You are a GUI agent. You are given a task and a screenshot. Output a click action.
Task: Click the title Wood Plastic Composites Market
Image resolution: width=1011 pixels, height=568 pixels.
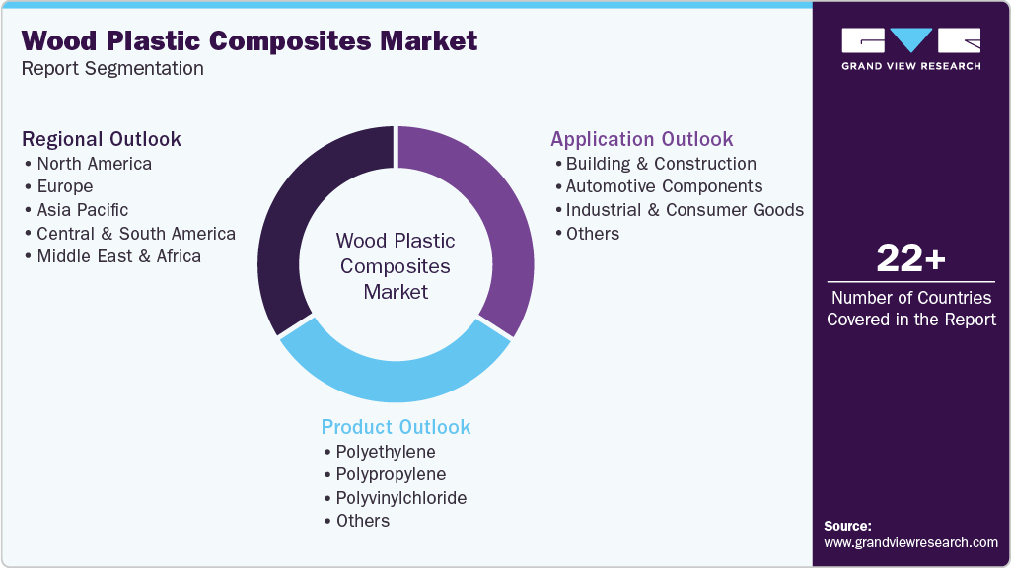pyautogui.click(x=250, y=40)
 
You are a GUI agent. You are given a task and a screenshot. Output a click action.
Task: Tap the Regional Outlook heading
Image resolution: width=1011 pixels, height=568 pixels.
pyautogui.click(x=102, y=139)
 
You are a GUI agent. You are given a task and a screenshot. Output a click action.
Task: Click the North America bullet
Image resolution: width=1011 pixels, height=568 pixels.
pyautogui.click(x=94, y=163)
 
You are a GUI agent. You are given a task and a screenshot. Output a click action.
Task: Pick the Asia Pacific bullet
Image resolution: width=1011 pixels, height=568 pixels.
pyautogui.click(x=82, y=209)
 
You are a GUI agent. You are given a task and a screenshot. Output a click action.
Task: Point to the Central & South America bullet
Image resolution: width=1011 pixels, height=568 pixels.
pyautogui.click(x=136, y=233)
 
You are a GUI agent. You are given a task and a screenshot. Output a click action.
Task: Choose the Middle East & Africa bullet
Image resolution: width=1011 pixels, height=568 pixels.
pyautogui.click(x=118, y=256)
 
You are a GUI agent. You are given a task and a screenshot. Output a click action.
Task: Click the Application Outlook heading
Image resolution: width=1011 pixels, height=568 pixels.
pyautogui.click(x=642, y=139)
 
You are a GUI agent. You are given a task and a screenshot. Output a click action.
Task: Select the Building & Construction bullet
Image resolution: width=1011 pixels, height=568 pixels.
pyautogui.click(x=661, y=163)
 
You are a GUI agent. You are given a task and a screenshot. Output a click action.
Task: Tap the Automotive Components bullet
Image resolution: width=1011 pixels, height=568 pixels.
pyautogui.click(x=664, y=186)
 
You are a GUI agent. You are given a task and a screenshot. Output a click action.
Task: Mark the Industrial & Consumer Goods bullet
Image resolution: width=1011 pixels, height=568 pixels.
pyautogui.click(x=685, y=209)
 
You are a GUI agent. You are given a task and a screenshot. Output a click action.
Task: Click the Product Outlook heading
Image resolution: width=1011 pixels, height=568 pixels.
pyautogui.click(x=396, y=427)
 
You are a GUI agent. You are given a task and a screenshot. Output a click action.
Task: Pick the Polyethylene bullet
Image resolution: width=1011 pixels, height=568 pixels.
pyautogui.click(x=385, y=451)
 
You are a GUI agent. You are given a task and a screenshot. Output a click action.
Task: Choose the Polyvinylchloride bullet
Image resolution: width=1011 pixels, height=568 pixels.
pyautogui.click(x=400, y=497)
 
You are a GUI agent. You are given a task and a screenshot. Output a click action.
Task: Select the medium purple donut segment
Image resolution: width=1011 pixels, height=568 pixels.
pyautogui.click(x=497, y=217)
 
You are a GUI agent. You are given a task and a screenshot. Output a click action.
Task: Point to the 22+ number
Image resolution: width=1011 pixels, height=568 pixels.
pyautogui.click(x=910, y=258)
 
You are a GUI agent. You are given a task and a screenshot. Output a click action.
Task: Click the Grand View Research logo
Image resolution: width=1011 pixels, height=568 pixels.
pyautogui.click(x=910, y=48)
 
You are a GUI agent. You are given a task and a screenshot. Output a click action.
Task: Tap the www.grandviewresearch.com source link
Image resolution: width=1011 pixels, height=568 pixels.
pyautogui.click(x=910, y=542)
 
